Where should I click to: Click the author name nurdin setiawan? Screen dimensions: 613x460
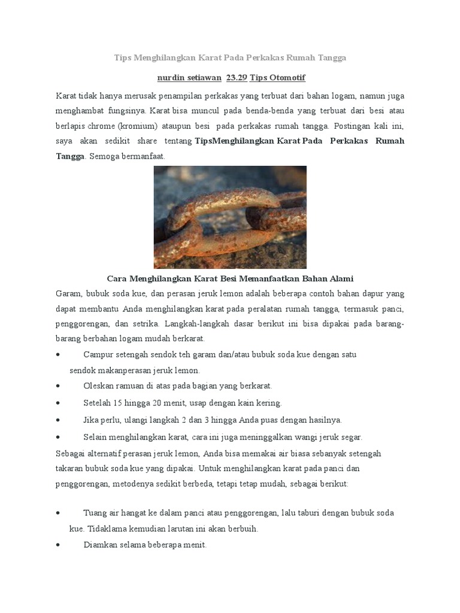point(188,78)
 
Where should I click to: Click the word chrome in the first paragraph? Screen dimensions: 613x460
point(102,126)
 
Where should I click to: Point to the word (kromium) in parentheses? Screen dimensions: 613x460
point(138,126)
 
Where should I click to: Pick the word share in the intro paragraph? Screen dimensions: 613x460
point(147,141)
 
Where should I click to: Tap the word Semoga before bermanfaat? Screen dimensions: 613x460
point(104,156)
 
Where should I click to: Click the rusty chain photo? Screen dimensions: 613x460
point(230,217)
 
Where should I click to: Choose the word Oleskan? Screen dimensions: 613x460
point(99,386)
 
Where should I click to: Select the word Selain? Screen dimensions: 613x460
point(96,437)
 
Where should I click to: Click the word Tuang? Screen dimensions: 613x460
point(95,513)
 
